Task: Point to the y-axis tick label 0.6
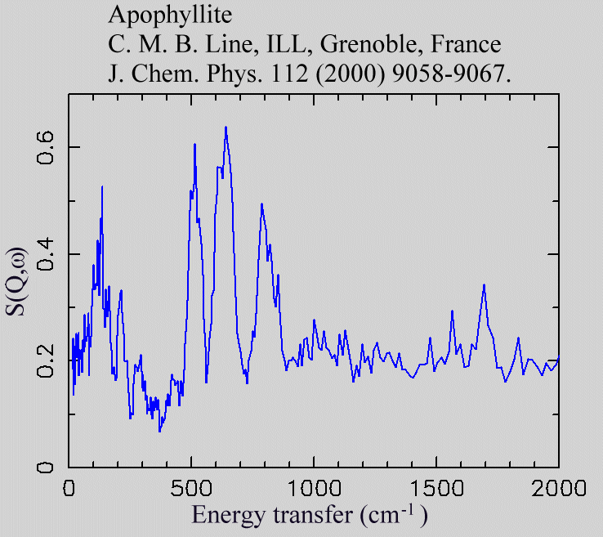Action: (47, 147)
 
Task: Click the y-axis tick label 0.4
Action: (47, 254)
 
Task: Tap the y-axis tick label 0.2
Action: (47, 361)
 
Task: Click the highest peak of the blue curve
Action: (226, 127)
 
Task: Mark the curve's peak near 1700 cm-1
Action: (484, 284)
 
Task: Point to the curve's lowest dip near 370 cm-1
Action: (159, 431)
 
